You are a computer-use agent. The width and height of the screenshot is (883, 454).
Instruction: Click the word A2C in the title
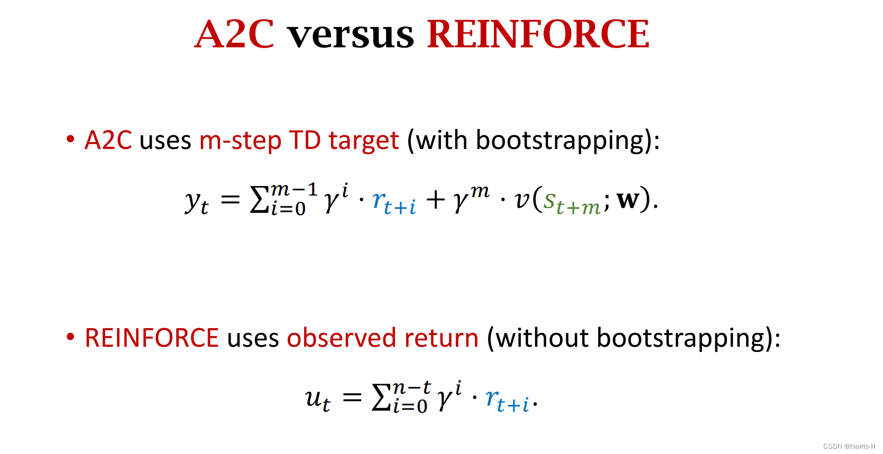tap(234, 34)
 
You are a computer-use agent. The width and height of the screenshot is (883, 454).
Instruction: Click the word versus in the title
tap(350, 35)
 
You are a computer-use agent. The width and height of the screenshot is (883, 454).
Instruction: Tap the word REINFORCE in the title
tap(538, 34)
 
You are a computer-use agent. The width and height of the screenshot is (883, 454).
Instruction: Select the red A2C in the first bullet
tap(108, 141)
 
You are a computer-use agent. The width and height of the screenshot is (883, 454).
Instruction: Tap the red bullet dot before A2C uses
tap(70, 139)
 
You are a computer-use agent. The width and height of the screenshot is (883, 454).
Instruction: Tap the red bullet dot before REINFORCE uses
tap(70, 337)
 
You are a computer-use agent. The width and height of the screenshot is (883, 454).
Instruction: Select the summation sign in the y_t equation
tap(259, 200)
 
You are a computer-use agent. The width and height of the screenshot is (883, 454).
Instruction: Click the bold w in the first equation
tap(628, 200)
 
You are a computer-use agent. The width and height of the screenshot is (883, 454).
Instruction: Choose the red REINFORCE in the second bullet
tap(152, 338)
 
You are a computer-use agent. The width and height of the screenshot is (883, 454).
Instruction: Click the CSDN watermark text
tap(849, 446)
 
